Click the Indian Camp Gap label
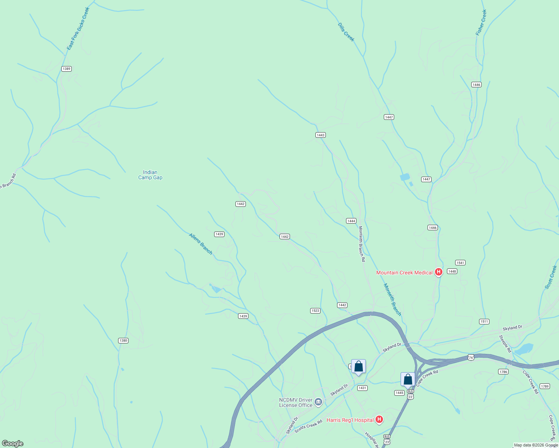[150, 175]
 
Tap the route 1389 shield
[67, 69]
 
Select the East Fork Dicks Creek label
[78, 29]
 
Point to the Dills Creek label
[346, 32]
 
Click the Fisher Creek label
[481, 23]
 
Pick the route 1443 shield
[320, 135]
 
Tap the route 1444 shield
[351, 221]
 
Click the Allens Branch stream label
[201, 244]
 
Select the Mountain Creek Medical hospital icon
[439, 272]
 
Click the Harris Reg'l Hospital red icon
[379, 420]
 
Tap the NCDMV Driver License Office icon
[318, 402]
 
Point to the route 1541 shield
[460, 263]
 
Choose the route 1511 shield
[484, 321]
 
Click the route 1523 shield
[315, 311]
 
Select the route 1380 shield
[123, 340]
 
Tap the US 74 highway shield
[471, 358]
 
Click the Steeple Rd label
[505, 344]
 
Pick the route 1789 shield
[544, 386]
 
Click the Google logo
[13, 444]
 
